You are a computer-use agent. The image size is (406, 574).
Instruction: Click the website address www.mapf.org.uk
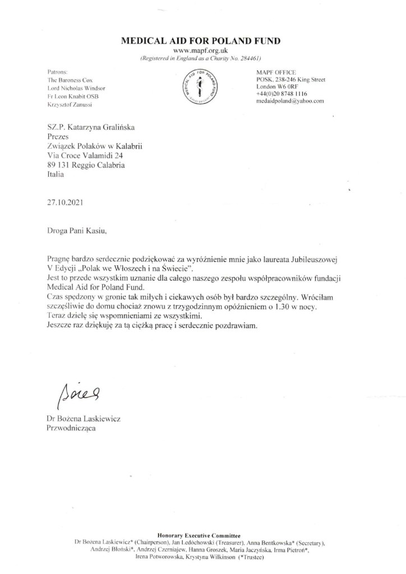[x=203, y=51]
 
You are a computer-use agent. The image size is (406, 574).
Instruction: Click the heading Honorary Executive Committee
[x=202, y=536]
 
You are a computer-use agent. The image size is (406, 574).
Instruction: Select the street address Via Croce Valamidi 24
[x=85, y=155]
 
